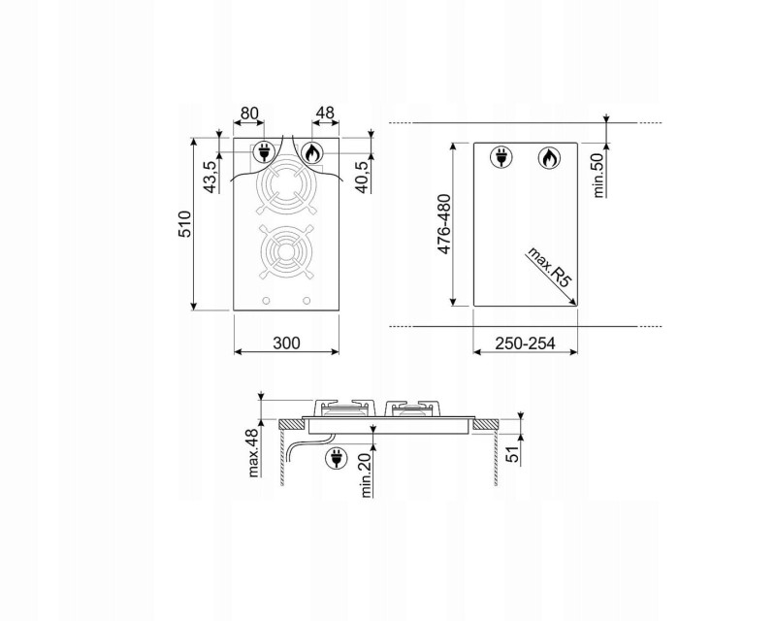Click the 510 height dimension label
[x=184, y=224]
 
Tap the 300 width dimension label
[x=286, y=343]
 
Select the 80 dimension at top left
[x=249, y=114]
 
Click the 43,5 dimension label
[x=210, y=177]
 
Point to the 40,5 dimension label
[x=363, y=177]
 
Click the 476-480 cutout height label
[x=444, y=224]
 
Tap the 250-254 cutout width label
[x=525, y=343]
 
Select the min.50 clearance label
[x=598, y=176]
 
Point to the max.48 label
[x=253, y=452]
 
